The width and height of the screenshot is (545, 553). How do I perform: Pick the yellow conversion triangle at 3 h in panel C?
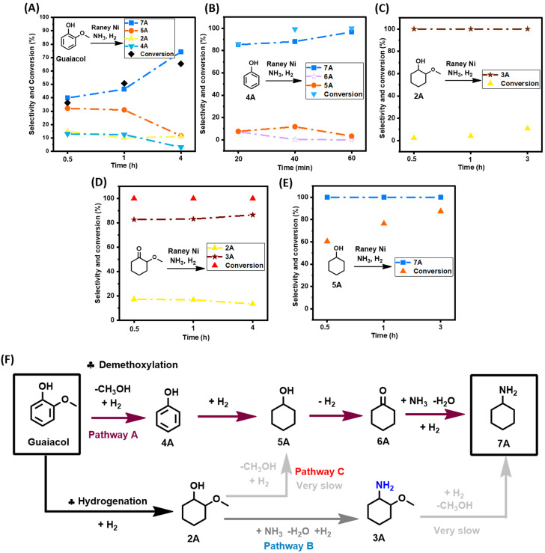click(x=527, y=128)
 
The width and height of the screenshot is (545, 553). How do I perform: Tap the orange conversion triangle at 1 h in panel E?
click(x=384, y=223)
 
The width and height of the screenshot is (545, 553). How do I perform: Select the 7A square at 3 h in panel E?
click(x=440, y=197)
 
